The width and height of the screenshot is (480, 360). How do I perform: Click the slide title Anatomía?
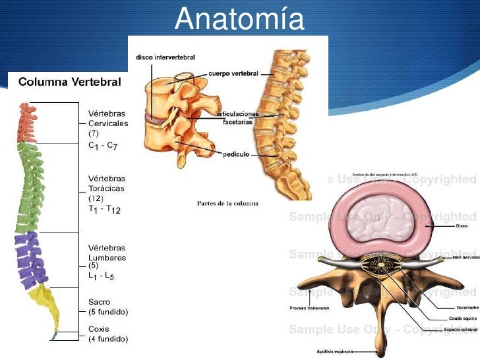239,20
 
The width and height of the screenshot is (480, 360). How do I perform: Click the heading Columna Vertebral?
69,82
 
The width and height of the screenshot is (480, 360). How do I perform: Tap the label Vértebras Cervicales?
108,118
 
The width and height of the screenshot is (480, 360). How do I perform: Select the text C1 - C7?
103,145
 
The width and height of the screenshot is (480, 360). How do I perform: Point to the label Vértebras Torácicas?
107,183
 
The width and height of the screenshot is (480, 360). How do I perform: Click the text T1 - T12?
104,209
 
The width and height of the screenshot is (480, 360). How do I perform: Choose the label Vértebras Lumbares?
107,253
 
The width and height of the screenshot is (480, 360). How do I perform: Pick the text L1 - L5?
101,276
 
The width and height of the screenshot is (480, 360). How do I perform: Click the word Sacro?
99,301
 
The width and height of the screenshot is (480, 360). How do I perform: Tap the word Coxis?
99,328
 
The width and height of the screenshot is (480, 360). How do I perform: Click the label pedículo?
237,153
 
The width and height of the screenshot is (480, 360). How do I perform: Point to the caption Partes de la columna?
227,203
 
